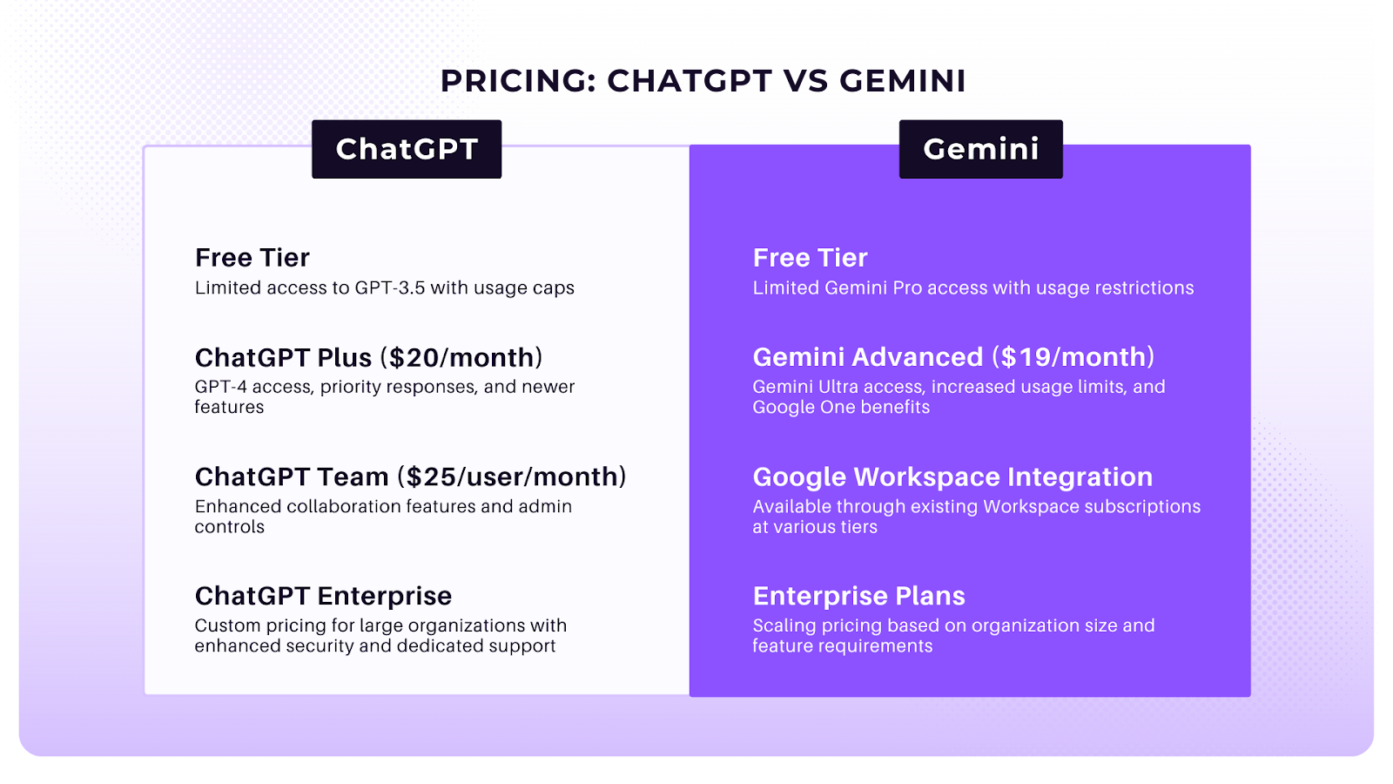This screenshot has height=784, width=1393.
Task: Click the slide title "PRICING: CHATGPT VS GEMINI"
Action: pos(703,81)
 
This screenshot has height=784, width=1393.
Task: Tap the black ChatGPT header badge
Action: pos(407,149)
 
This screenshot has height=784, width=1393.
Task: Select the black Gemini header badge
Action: pos(980,149)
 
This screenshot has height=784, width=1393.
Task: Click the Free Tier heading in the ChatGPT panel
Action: pos(252,258)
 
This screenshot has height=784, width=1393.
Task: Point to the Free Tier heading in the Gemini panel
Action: pos(810,258)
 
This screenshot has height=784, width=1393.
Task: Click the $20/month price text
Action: pos(461,357)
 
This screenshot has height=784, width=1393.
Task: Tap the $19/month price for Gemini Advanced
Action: pos(1077,357)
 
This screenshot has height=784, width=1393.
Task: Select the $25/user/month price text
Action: pos(512,476)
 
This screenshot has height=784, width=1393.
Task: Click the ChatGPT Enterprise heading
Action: pos(323,596)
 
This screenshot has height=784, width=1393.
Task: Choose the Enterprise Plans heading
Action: pos(858,596)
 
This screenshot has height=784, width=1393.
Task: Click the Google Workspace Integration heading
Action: pos(952,476)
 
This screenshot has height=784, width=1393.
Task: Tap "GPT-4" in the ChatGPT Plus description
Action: pos(221,387)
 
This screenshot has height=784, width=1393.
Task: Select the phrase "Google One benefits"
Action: pos(841,407)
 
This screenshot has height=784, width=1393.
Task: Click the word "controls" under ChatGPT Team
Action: pos(230,527)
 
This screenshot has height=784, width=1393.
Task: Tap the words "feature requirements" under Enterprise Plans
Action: pos(842,646)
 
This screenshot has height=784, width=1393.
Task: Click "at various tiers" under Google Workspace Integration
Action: pos(815,527)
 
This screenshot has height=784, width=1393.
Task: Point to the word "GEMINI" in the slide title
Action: pos(903,81)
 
